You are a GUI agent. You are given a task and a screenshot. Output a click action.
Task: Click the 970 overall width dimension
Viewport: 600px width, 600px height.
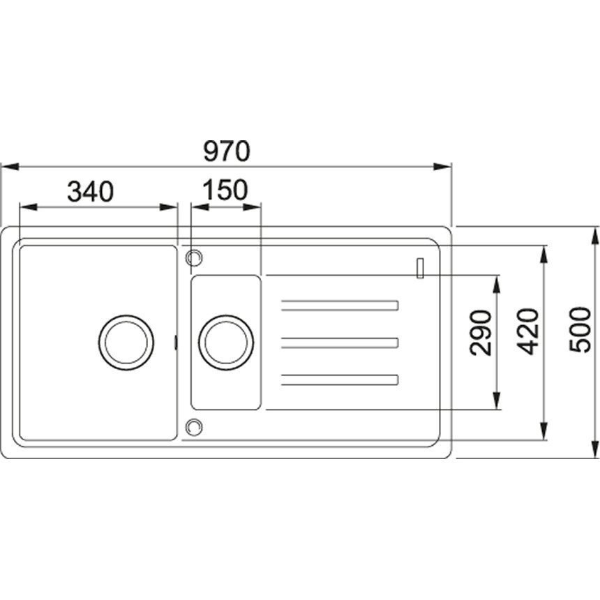227,151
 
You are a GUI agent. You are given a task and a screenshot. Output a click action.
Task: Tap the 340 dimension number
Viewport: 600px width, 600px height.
90,192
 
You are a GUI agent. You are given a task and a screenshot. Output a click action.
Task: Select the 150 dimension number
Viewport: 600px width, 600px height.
225,190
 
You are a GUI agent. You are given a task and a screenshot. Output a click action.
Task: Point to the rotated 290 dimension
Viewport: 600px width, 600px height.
481,333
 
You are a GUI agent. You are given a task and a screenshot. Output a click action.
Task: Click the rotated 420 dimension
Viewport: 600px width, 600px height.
528,331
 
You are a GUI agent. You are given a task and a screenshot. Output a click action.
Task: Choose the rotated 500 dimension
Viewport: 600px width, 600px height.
580,330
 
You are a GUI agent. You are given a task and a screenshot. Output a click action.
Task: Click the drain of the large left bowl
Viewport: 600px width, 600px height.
126,343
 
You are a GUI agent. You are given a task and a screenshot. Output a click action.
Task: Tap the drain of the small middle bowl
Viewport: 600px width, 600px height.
226,343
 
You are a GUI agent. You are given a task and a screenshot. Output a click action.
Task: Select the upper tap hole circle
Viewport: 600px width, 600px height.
194,257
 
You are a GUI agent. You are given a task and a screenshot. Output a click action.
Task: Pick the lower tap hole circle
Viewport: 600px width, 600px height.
194,427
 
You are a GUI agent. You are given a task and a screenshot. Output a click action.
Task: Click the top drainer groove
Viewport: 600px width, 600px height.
340,306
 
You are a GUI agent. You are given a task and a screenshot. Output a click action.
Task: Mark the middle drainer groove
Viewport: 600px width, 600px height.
340,343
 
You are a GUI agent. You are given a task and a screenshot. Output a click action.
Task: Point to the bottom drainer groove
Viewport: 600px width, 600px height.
340,380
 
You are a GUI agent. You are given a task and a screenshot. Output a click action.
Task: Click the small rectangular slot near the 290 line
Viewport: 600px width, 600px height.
420,268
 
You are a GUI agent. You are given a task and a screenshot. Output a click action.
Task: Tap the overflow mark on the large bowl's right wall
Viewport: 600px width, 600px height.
176,343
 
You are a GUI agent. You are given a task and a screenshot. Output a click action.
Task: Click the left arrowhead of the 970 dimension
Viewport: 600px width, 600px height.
10,167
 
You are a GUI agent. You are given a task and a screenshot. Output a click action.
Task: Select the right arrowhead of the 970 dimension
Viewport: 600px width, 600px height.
442,167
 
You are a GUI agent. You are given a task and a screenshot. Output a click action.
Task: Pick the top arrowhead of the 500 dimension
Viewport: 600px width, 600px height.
595,236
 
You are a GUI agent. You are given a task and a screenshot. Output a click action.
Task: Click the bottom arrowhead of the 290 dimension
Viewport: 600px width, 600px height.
497,400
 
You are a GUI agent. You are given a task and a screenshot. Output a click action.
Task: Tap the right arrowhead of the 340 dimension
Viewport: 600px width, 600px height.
168,207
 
